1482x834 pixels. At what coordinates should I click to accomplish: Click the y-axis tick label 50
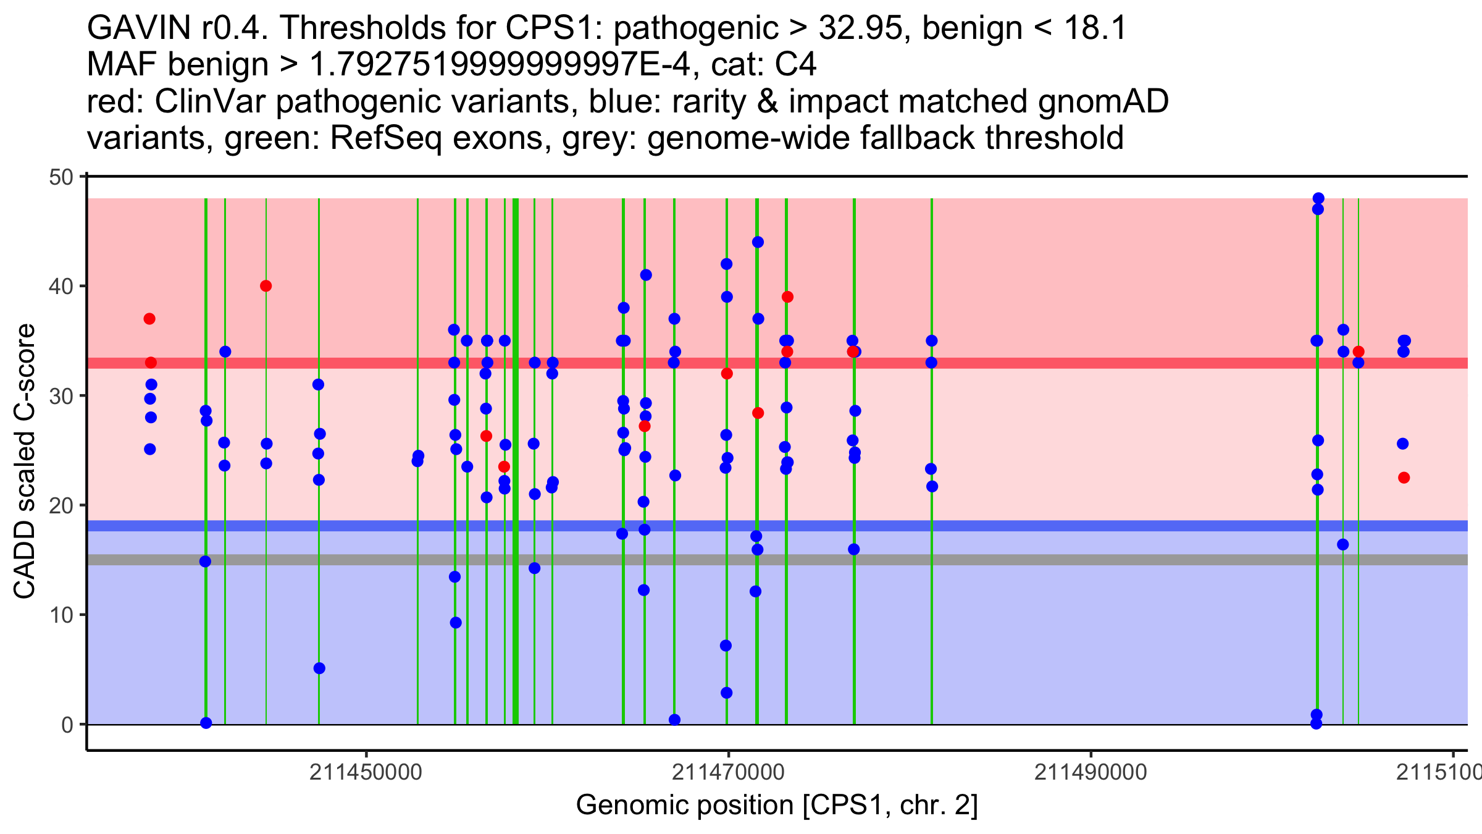tap(61, 177)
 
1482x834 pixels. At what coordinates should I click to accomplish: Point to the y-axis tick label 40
tap(61, 287)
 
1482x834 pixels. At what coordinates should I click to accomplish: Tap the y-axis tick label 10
tap(61, 615)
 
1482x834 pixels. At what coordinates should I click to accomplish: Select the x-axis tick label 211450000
tap(366, 772)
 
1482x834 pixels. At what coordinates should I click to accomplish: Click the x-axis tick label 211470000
tap(729, 772)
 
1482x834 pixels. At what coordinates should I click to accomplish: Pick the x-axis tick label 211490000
tap(1091, 772)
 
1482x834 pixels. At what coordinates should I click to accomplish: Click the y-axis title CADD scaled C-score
tap(25, 461)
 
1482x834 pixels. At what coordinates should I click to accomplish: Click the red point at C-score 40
tap(266, 286)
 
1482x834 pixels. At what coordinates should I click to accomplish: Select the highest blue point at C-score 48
tap(1318, 198)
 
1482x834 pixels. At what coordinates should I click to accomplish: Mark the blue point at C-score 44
tap(758, 242)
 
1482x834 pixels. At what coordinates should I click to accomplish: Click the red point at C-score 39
tap(787, 297)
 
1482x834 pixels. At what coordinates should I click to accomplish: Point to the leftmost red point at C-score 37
tap(149, 319)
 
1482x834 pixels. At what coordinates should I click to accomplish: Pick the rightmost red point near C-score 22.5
tap(1404, 478)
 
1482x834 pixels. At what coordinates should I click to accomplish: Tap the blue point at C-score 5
tap(319, 668)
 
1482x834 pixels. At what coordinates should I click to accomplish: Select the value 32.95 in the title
tap(859, 28)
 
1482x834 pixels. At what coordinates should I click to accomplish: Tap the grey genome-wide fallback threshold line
tap(777, 560)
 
